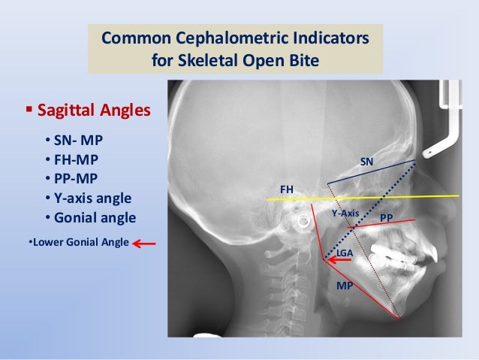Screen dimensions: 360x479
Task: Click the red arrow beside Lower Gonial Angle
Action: (146, 243)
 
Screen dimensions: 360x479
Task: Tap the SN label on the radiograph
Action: (366, 162)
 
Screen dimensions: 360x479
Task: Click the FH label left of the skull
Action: (287, 190)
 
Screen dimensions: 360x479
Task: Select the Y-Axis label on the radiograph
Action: (345, 213)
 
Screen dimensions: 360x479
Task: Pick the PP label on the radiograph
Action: (387, 217)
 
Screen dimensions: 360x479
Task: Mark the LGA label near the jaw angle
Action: (345, 255)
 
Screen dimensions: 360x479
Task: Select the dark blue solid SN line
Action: (372, 172)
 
